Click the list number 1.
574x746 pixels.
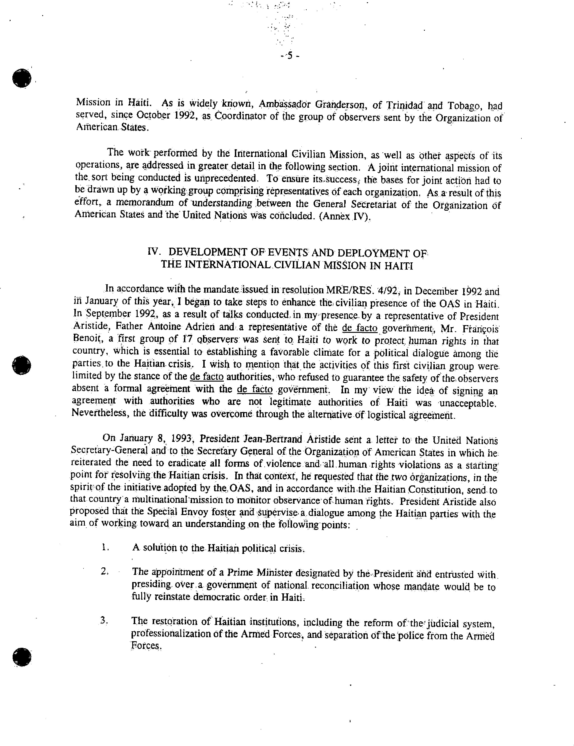point(104,548)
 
